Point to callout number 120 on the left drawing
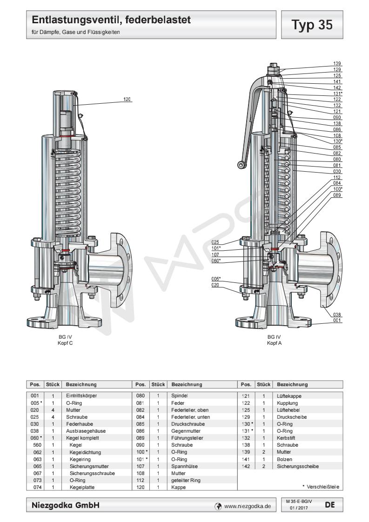click(x=127, y=99)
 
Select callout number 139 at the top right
click(x=337, y=63)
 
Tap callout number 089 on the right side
click(x=337, y=195)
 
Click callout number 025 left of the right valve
click(x=215, y=242)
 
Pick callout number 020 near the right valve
click(x=215, y=285)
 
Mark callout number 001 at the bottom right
click(x=337, y=320)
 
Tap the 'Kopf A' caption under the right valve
click(x=274, y=343)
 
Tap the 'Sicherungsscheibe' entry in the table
click(x=295, y=465)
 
